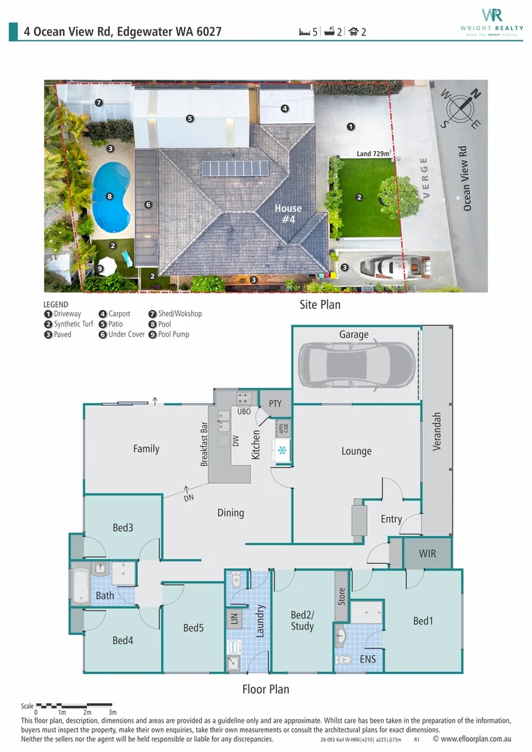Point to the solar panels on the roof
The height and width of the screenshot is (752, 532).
point(235,169)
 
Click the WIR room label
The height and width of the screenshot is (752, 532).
point(428,554)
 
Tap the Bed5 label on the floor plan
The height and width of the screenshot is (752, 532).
point(194,628)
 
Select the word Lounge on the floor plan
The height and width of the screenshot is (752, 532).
point(357,451)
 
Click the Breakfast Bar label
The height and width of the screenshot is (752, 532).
point(205,444)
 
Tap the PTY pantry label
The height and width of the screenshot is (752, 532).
point(274,403)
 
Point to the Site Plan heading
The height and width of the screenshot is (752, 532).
point(320,305)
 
